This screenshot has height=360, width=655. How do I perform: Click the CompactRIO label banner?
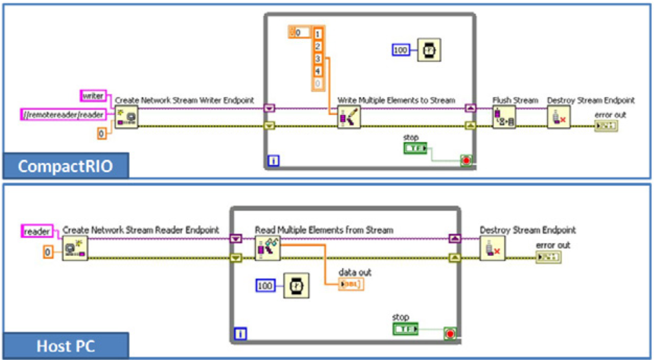pos(65,166)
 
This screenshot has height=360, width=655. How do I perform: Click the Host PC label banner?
pos(65,346)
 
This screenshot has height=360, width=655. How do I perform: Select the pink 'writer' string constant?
pos(93,96)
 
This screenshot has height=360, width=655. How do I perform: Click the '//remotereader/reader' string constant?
pos(63,115)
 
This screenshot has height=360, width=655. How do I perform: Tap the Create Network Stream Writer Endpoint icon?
pos(126,118)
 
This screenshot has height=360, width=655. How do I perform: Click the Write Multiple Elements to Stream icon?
pos(349,118)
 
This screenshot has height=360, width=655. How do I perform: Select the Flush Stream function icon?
pos(503,118)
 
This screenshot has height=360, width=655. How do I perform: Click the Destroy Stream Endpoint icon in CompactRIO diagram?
pos(559,118)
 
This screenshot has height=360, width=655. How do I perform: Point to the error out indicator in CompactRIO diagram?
pos(606,126)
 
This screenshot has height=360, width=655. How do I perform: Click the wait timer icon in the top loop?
pos(429,50)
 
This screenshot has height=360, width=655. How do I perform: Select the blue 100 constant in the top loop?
pos(400,50)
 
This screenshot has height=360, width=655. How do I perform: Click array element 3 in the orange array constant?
pos(318,59)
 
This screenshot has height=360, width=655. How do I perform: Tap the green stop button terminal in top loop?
pos(415,148)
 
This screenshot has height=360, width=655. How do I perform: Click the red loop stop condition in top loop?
pos(467,160)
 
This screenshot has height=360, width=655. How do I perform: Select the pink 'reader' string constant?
pos(37,231)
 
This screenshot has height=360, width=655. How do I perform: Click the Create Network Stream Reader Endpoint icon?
pos(75,249)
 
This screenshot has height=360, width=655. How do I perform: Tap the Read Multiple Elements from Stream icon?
pos(267,248)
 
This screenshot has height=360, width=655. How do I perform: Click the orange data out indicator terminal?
pos(351,284)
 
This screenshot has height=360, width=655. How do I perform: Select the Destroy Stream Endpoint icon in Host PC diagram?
pos(492,248)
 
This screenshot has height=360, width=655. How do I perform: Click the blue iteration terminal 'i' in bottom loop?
pos(241,334)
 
